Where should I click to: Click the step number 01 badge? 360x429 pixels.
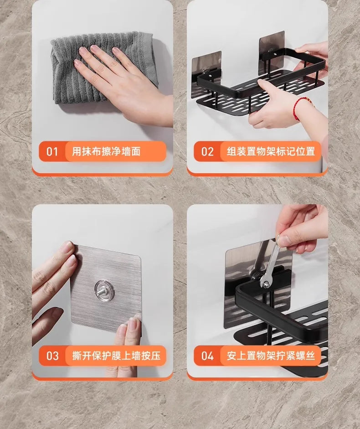[52, 151]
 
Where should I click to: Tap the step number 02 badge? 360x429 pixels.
[207, 151]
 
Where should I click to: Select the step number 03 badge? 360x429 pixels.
[52, 356]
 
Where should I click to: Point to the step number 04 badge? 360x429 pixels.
[207, 356]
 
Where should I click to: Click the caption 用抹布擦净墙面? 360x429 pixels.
[106, 151]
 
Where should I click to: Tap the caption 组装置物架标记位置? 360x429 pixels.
[271, 151]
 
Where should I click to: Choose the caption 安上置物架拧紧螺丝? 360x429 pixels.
[271, 356]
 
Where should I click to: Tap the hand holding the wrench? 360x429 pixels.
[303, 228]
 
